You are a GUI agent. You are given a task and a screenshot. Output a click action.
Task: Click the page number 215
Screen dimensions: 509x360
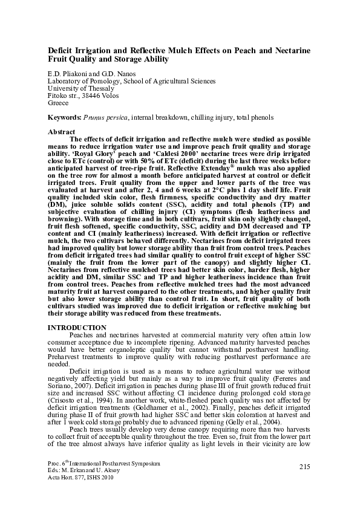pos(304,466)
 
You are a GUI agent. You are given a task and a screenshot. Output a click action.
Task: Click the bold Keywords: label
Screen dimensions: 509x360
pos(64,115)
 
